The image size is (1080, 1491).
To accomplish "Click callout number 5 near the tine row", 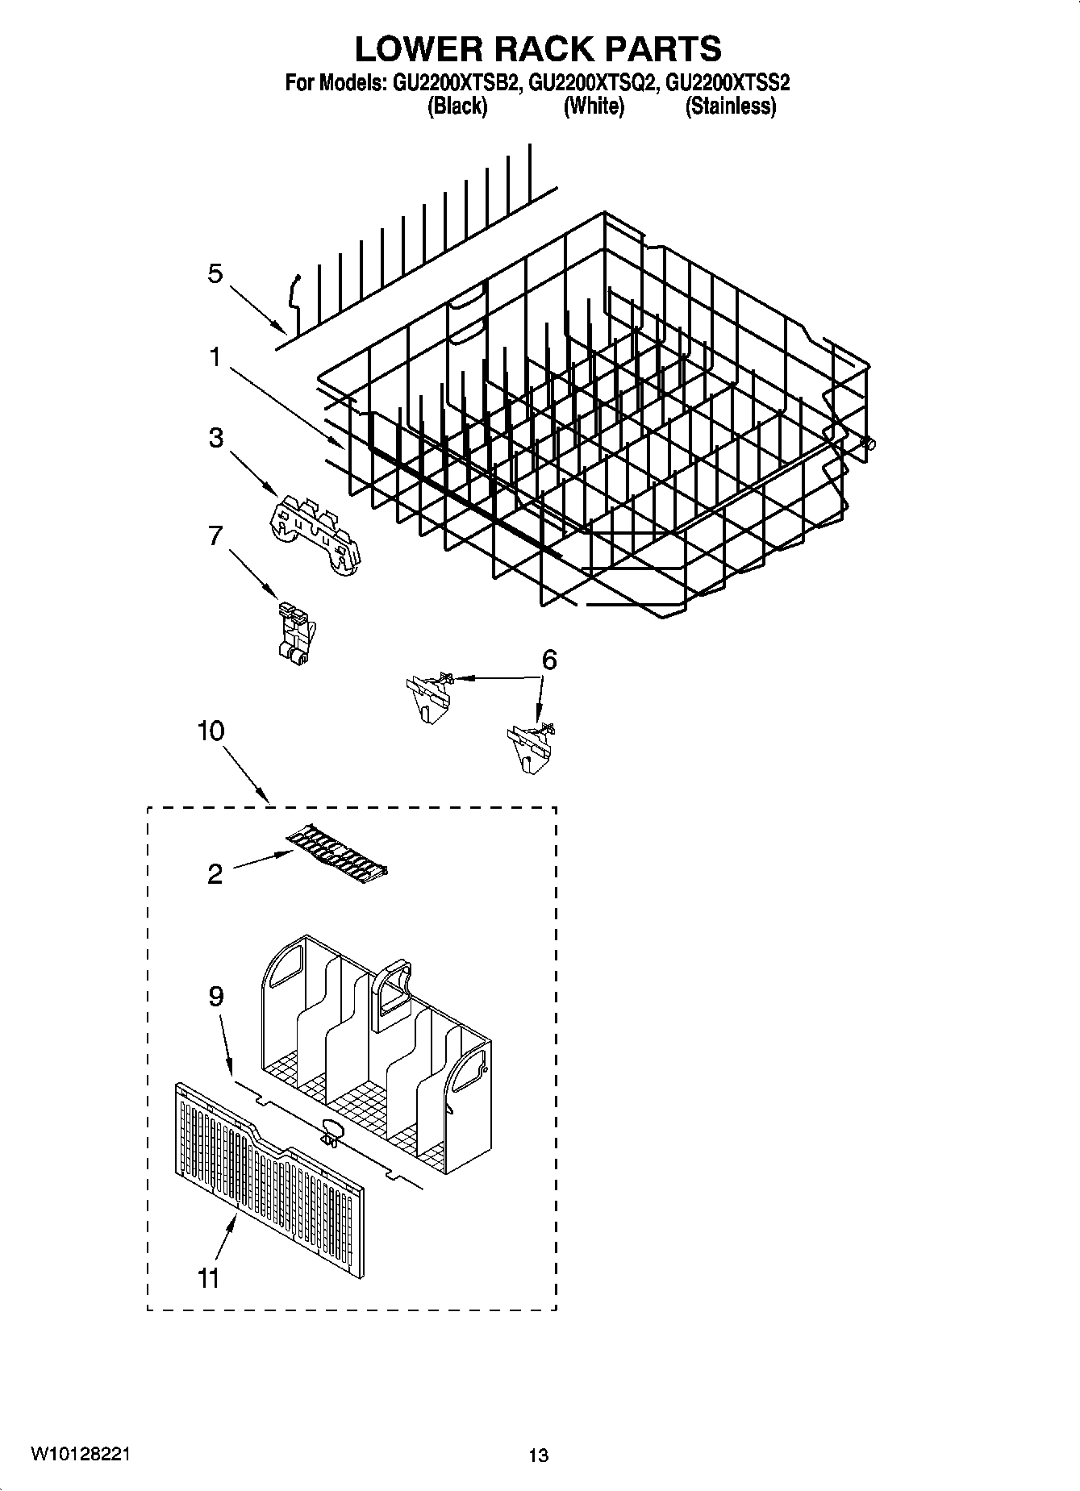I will [x=215, y=274].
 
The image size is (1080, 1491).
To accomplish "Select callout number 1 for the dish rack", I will [x=215, y=356].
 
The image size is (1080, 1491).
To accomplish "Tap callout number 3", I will [x=215, y=438].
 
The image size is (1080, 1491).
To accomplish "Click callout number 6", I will [x=548, y=660].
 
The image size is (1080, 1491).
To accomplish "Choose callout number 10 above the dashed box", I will [x=211, y=731].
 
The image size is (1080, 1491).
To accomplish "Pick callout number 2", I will [x=215, y=873].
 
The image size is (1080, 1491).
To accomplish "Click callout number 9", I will [x=215, y=997].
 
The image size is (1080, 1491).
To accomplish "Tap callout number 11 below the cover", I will [x=208, y=1278].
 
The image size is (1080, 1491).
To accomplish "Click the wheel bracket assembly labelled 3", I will [x=315, y=535].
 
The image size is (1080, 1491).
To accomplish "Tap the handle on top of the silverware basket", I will [x=391, y=993].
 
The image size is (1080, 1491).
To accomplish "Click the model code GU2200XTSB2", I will [x=454, y=81].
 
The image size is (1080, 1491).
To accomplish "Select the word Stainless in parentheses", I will [x=730, y=106].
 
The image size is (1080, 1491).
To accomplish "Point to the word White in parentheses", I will [x=593, y=106].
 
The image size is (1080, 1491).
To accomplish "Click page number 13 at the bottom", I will [x=538, y=1456].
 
